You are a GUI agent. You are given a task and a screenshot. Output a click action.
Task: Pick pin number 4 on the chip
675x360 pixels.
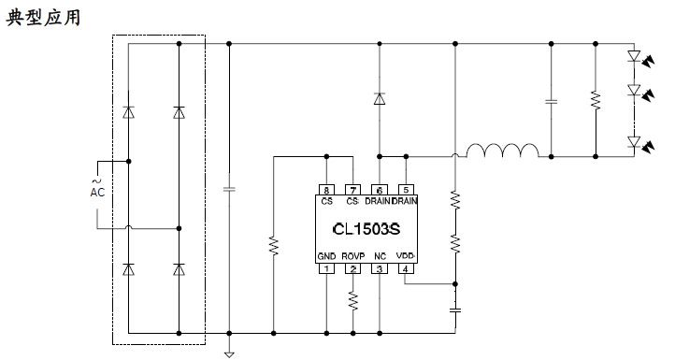(x=405, y=270)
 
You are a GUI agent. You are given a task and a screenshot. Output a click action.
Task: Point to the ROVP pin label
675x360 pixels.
(x=352, y=256)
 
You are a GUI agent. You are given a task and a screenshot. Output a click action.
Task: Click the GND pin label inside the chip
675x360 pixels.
(x=326, y=256)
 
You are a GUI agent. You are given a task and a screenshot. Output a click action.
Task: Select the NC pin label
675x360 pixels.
(x=379, y=256)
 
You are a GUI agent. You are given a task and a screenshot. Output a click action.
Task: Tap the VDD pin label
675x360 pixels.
(x=405, y=256)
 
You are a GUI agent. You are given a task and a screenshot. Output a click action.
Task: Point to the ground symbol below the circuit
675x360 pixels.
(x=227, y=353)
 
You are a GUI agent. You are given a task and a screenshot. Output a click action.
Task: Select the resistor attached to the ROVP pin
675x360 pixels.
(x=352, y=300)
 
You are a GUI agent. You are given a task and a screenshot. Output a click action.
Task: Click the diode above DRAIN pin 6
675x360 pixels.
(x=379, y=98)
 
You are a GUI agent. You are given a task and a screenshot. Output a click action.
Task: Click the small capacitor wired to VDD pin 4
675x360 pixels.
(x=456, y=307)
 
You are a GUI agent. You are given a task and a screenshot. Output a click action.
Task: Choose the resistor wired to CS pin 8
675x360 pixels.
(x=273, y=245)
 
